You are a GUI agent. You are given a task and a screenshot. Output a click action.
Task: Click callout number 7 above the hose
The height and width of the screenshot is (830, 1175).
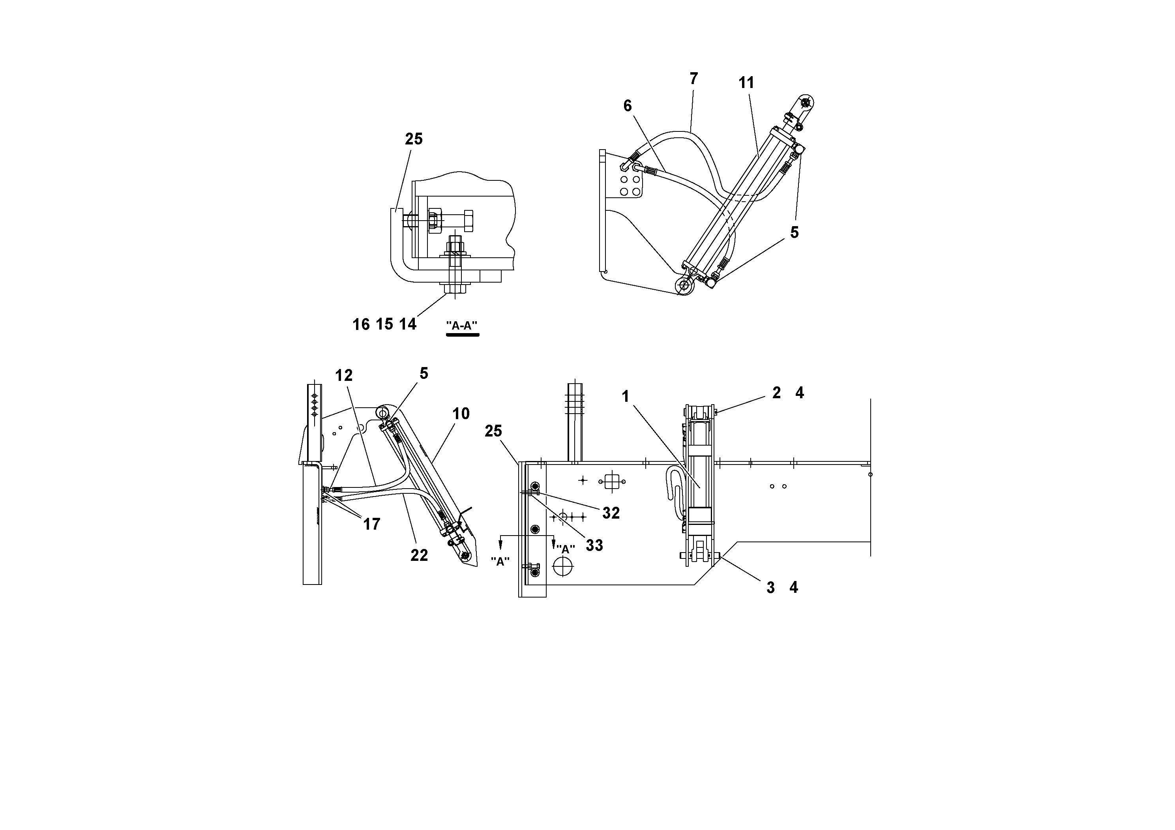coord(693,79)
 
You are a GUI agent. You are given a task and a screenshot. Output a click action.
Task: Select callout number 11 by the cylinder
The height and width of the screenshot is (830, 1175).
coord(746,83)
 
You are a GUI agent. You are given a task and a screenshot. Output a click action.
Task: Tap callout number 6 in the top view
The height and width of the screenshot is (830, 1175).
coord(628,106)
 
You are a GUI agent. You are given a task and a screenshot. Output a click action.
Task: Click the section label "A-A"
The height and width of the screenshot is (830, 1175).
coord(462,326)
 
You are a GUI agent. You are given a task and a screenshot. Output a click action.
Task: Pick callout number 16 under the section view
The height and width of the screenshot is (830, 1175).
coord(361,324)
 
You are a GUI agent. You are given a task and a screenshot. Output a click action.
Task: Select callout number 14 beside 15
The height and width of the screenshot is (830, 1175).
coord(408,324)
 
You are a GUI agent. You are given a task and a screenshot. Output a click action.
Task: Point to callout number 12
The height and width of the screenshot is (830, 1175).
coord(344,376)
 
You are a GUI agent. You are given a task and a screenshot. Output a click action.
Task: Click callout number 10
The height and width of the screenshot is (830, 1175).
coord(461,414)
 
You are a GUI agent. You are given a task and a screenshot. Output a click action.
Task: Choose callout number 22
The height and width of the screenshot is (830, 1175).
coord(419,555)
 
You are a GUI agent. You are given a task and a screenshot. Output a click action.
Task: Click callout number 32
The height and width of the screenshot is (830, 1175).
coord(611,513)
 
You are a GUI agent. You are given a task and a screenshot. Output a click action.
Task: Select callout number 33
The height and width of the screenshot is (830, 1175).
coord(594,545)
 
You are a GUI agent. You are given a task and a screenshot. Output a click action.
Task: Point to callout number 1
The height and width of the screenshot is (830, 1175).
coord(625,396)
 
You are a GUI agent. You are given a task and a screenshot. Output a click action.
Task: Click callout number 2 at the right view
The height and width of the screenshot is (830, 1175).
coord(776,393)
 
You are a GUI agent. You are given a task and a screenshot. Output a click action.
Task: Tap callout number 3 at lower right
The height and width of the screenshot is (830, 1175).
coord(770,588)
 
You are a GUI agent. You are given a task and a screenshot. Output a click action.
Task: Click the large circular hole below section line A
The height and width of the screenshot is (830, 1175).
coord(564,566)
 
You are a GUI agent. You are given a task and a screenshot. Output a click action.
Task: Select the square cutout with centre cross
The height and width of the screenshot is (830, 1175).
coord(612,481)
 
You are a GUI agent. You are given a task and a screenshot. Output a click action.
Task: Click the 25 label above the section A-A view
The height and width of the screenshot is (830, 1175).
coord(414,139)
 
